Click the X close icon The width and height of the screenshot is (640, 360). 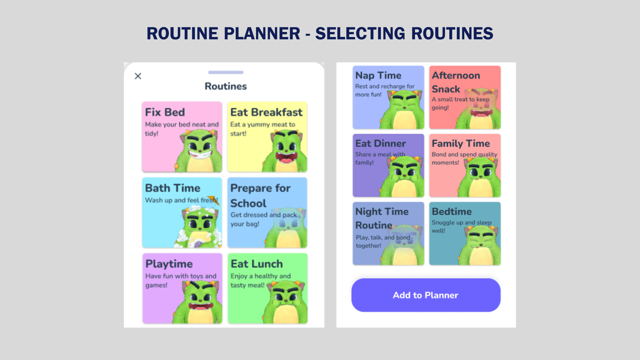(138, 76)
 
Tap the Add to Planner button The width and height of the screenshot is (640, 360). (426, 295)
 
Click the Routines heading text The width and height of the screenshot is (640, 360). (226, 86)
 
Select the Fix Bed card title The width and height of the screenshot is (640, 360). (165, 112)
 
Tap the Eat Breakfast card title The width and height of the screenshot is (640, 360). (266, 112)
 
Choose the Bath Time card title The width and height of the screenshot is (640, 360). (173, 188)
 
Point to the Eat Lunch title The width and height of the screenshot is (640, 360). (257, 264)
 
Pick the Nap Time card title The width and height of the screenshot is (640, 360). (378, 76)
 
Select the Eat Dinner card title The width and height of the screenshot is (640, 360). (380, 144)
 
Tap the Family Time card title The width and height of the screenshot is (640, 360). (461, 144)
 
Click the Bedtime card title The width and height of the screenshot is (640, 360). (452, 212)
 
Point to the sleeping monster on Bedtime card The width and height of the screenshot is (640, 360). (480, 245)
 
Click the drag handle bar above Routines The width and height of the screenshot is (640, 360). (226, 72)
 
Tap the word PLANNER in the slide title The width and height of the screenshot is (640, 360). (262, 33)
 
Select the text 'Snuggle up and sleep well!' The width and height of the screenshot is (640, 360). (462, 226)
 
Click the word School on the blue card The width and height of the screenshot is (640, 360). (248, 203)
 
